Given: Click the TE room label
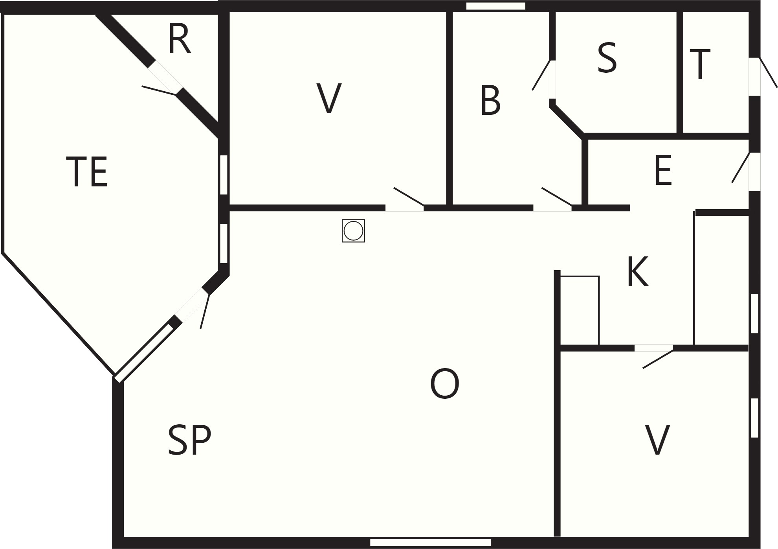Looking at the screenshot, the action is [x=87, y=172].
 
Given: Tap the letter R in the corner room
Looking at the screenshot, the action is [x=180, y=39].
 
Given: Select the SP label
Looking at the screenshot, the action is [x=189, y=440].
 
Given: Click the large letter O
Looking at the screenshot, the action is [x=445, y=384].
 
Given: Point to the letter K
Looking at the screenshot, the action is [x=637, y=272].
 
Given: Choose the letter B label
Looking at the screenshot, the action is [x=490, y=101].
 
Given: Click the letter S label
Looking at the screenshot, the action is [x=607, y=58].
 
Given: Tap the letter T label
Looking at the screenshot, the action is [x=700, y=64].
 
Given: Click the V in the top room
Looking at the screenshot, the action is [x=329, y=98].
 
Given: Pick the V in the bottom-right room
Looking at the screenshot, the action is [x=657, y=440].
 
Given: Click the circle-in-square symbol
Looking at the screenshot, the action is [x=353, y=230].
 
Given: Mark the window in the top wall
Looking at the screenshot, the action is [x=496, y=6].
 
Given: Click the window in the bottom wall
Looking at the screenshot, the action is [x=430, y=543].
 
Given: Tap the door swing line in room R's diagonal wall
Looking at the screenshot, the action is [x=158, y=90].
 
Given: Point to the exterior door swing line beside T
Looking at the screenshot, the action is [x=768, y=73].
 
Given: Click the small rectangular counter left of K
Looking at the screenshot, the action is [x=580, y=311].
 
